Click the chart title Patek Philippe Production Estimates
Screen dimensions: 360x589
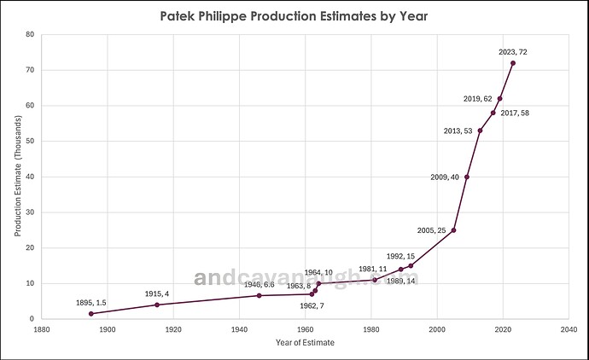pyautogui.click(x=294, y=15)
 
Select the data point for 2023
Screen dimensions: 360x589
pyautogui.click(x=513, y=63)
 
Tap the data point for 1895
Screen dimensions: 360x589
pyautogui.click(x=91, y=314)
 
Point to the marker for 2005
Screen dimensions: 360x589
pyautogui.click(x=453, y=230)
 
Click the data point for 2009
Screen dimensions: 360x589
pyautogui.click(x=467, y=177)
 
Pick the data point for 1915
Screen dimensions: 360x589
pyautogui.click(x=157, y=305)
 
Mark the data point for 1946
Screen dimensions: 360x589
pyautogui.click(x=260, y=295)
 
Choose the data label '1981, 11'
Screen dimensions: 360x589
pyautogui.click(x=373, y=269)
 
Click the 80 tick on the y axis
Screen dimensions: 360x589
pyautogui.click(x=31, y=34)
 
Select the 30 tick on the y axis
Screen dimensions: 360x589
pyautogui.click(x=31, y=212)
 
